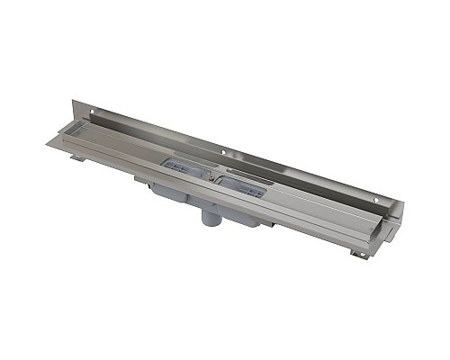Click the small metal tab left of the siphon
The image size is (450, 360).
tap(142, 179)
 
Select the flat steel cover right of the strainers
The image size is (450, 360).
tap(306, 202)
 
